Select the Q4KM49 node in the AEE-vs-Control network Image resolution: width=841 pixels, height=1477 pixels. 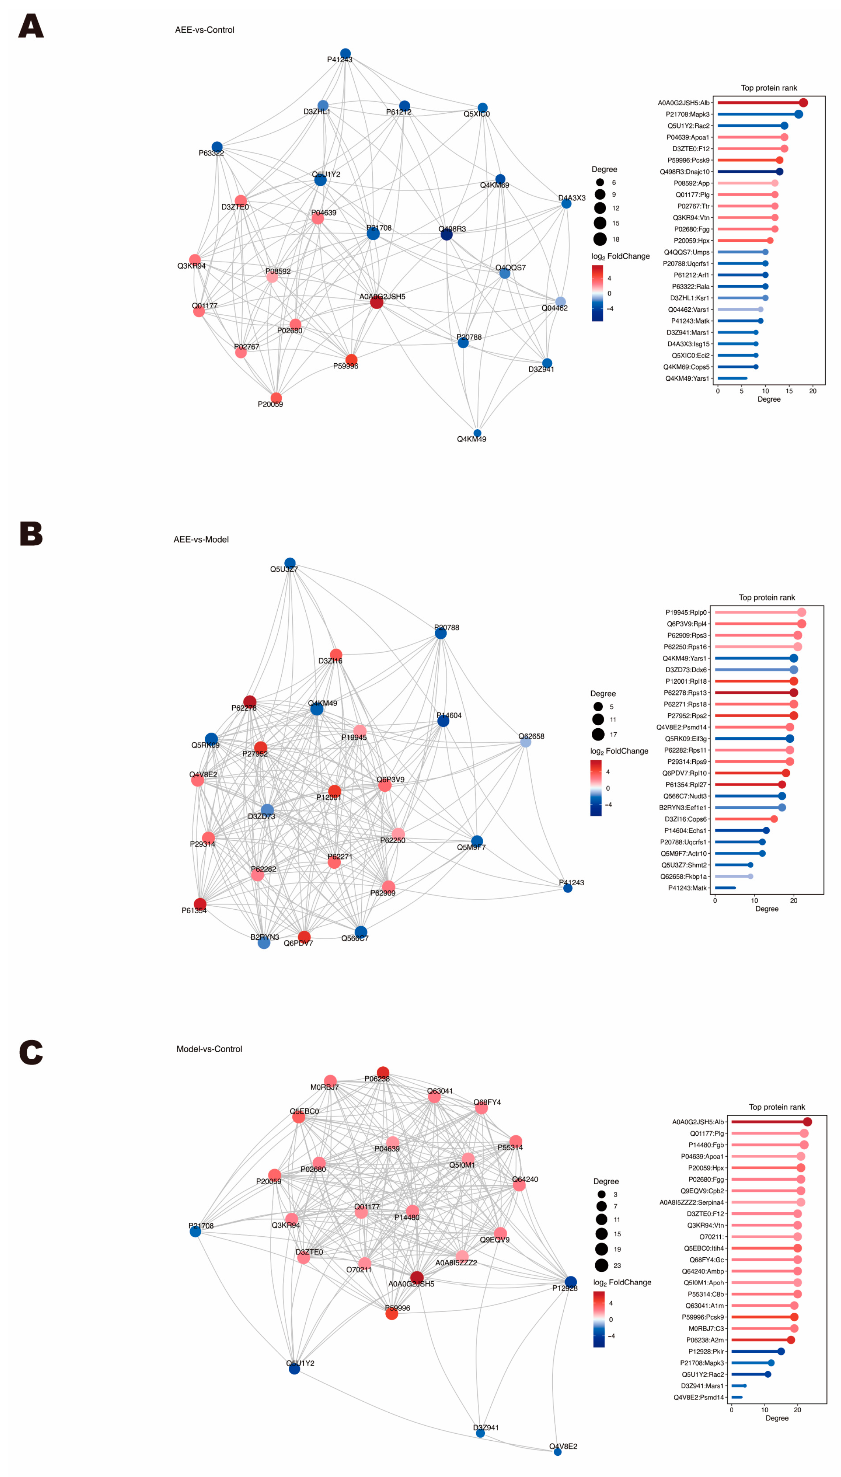pos(477,433)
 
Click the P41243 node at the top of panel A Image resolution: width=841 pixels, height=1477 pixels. pos(346,54)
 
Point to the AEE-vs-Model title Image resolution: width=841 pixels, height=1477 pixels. pos(201,540)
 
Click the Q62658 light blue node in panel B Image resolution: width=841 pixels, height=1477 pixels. pos(525,742)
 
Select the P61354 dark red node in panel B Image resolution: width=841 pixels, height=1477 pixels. pos(200,903)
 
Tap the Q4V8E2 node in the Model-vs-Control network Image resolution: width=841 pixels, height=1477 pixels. pos(557,1452)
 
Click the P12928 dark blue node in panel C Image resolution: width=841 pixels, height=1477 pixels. pos(571,1282)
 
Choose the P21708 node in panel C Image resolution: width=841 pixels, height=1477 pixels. pos(195,1232)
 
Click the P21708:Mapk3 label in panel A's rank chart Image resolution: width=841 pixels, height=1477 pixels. pos(687,114)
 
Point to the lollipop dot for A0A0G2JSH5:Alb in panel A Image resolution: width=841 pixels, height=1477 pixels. pos(803,103)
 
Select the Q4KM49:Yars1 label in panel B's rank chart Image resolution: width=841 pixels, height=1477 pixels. pos(684,658)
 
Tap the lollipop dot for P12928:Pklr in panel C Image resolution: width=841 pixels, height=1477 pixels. pos(781,1351)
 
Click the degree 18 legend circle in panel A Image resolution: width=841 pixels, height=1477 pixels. pos(600,239)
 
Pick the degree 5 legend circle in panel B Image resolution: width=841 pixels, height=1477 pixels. pos(598,707)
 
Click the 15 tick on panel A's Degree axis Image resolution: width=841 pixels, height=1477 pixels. pos(789,391)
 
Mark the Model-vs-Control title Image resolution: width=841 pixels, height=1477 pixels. pos(209,1049)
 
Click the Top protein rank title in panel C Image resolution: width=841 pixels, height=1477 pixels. pos(777,1107)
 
